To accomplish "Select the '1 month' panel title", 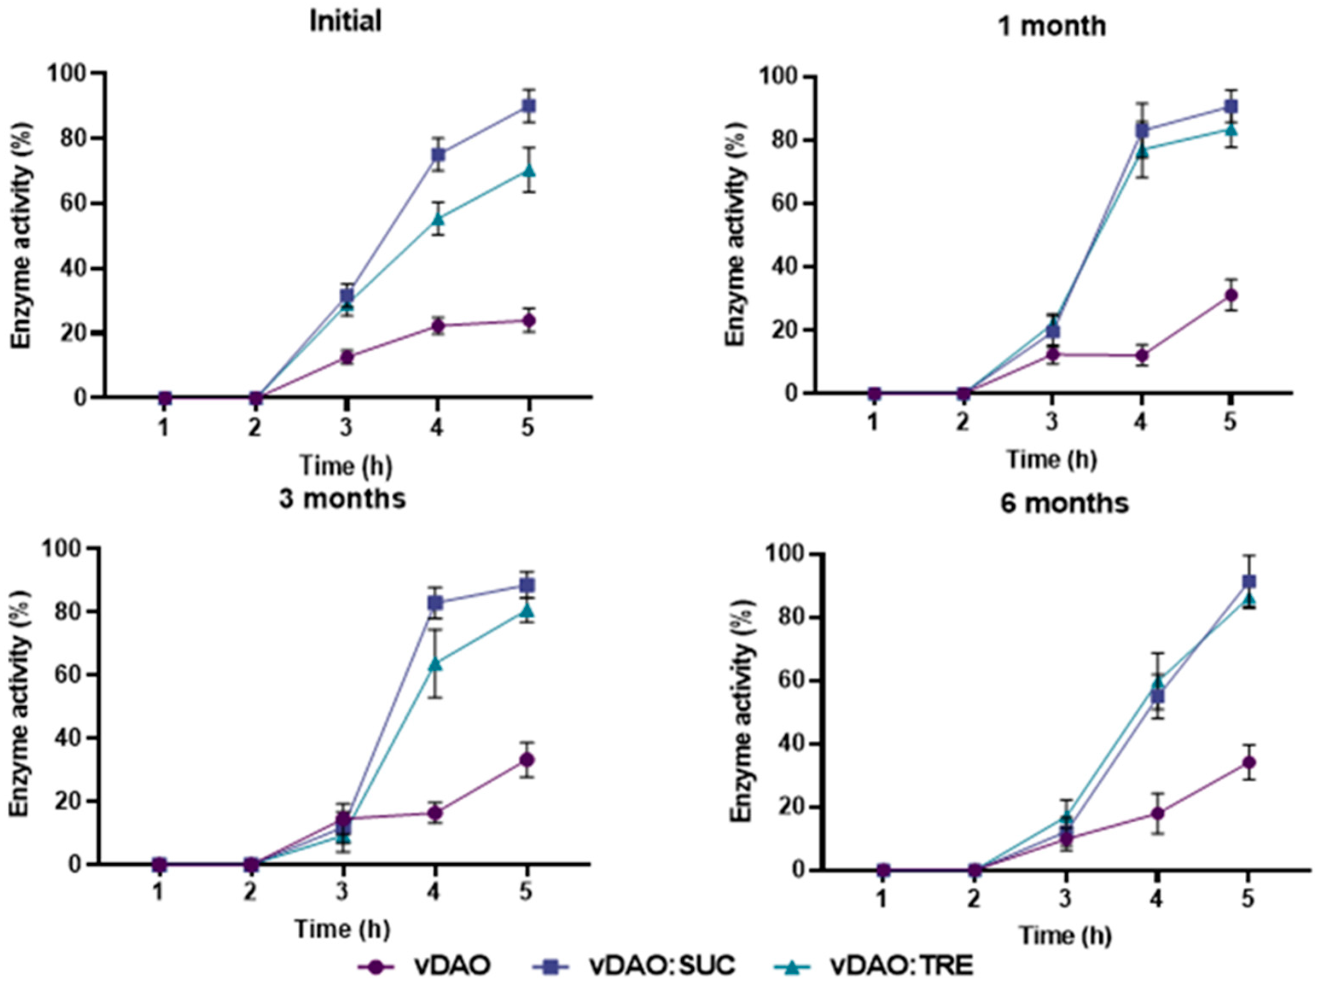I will tap(1052, 26).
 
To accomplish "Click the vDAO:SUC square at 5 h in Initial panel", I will tap(529, 106).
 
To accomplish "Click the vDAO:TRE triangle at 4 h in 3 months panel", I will tap(435, 663).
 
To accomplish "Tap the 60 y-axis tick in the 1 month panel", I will tap(789, 204).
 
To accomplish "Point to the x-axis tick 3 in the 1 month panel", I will tap(1052, 422).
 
